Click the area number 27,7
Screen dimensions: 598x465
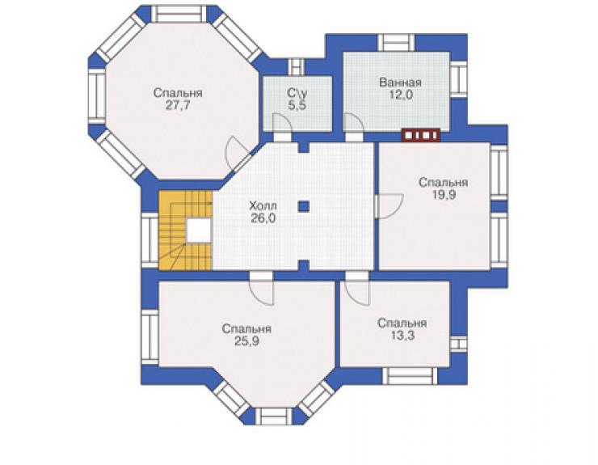tap(178, 106)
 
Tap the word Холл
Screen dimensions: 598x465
tap(263, 206)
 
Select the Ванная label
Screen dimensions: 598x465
tap(401, 82)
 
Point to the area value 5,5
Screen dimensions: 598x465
tap(297, 106)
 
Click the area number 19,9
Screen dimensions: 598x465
tap(444, 195)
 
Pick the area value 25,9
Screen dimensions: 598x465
tap(246, 341)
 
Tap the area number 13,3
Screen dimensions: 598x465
tap(402, 335)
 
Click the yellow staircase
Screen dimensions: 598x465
tap(186, 230)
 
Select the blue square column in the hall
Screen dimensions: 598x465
tap(304, 206)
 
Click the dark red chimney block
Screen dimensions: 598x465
tap(421, 135)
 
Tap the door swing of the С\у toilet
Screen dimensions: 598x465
tap(281, 124)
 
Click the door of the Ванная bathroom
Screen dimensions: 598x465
tap(353, 123)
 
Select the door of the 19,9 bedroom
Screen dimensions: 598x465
tap(388, 206)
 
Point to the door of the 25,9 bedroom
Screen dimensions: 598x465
tap(261, 293)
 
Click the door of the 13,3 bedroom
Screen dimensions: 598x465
tap(357, 293)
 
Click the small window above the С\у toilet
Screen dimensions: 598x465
tap(296, 67)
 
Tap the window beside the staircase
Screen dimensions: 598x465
tap(149, 240)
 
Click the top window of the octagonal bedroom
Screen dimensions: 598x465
tap(179, 14)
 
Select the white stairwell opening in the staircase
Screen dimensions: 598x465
tap(199, 230)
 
